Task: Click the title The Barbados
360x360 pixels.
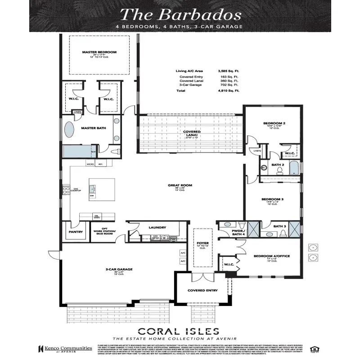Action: coord(180,14)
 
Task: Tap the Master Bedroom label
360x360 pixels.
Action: coord(99,52)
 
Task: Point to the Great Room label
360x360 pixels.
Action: coord(180,184)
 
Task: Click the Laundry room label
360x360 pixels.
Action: coord(157,227)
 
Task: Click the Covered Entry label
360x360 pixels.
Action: coord(202,290)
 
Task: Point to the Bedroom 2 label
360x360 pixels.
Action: coord(274,123)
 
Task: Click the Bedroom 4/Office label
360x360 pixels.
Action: coord(271,256)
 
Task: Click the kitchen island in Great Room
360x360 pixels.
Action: coord(101,189)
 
